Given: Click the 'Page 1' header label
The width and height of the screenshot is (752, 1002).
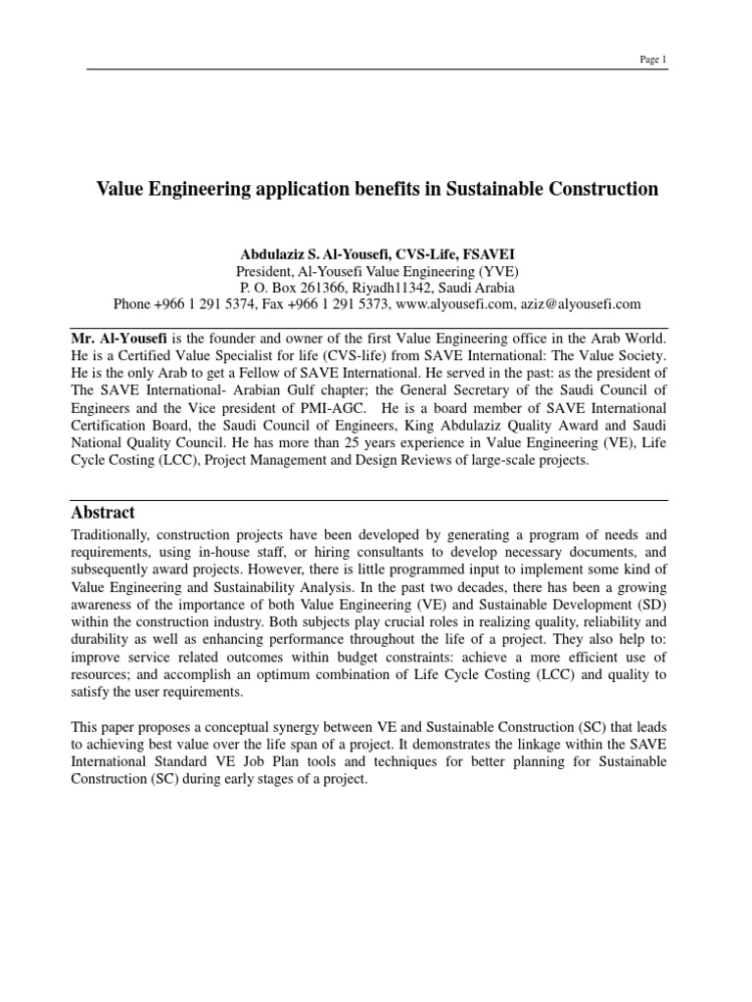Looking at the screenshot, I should click(652, 60).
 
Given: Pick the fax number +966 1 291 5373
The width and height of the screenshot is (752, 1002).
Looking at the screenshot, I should click(341, 304).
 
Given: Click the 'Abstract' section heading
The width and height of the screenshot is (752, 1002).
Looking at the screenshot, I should click(104, 513).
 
